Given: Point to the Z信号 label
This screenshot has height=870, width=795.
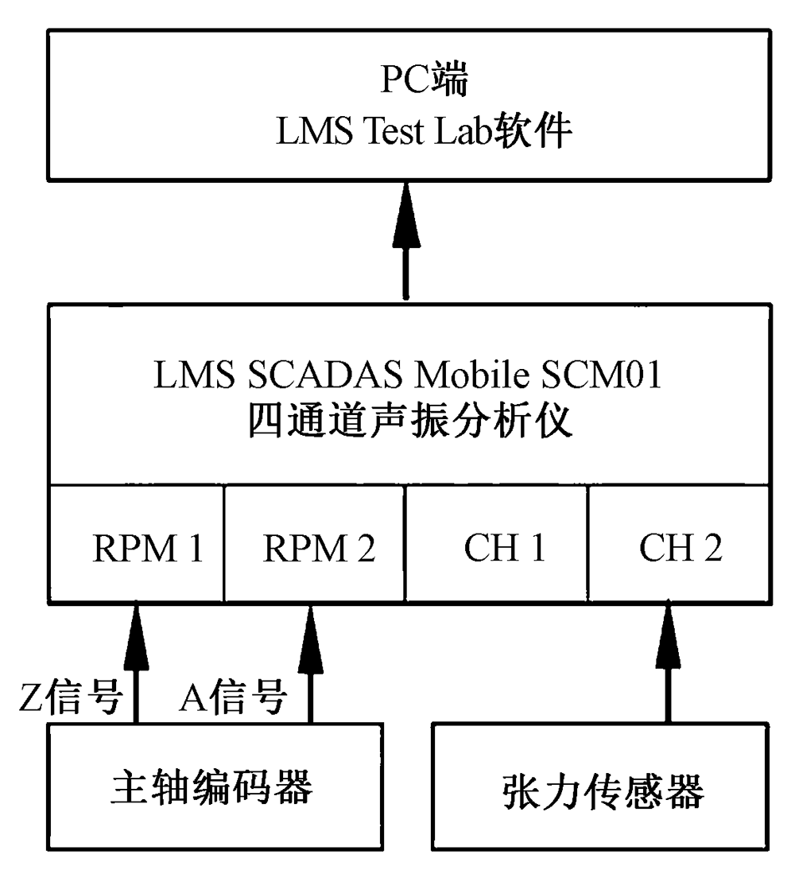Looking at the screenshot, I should (x=70, y=699).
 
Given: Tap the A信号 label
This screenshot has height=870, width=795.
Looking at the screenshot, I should (x=233, y=699).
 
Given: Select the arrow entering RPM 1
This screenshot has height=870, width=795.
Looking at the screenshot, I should (x=137, y=660).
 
